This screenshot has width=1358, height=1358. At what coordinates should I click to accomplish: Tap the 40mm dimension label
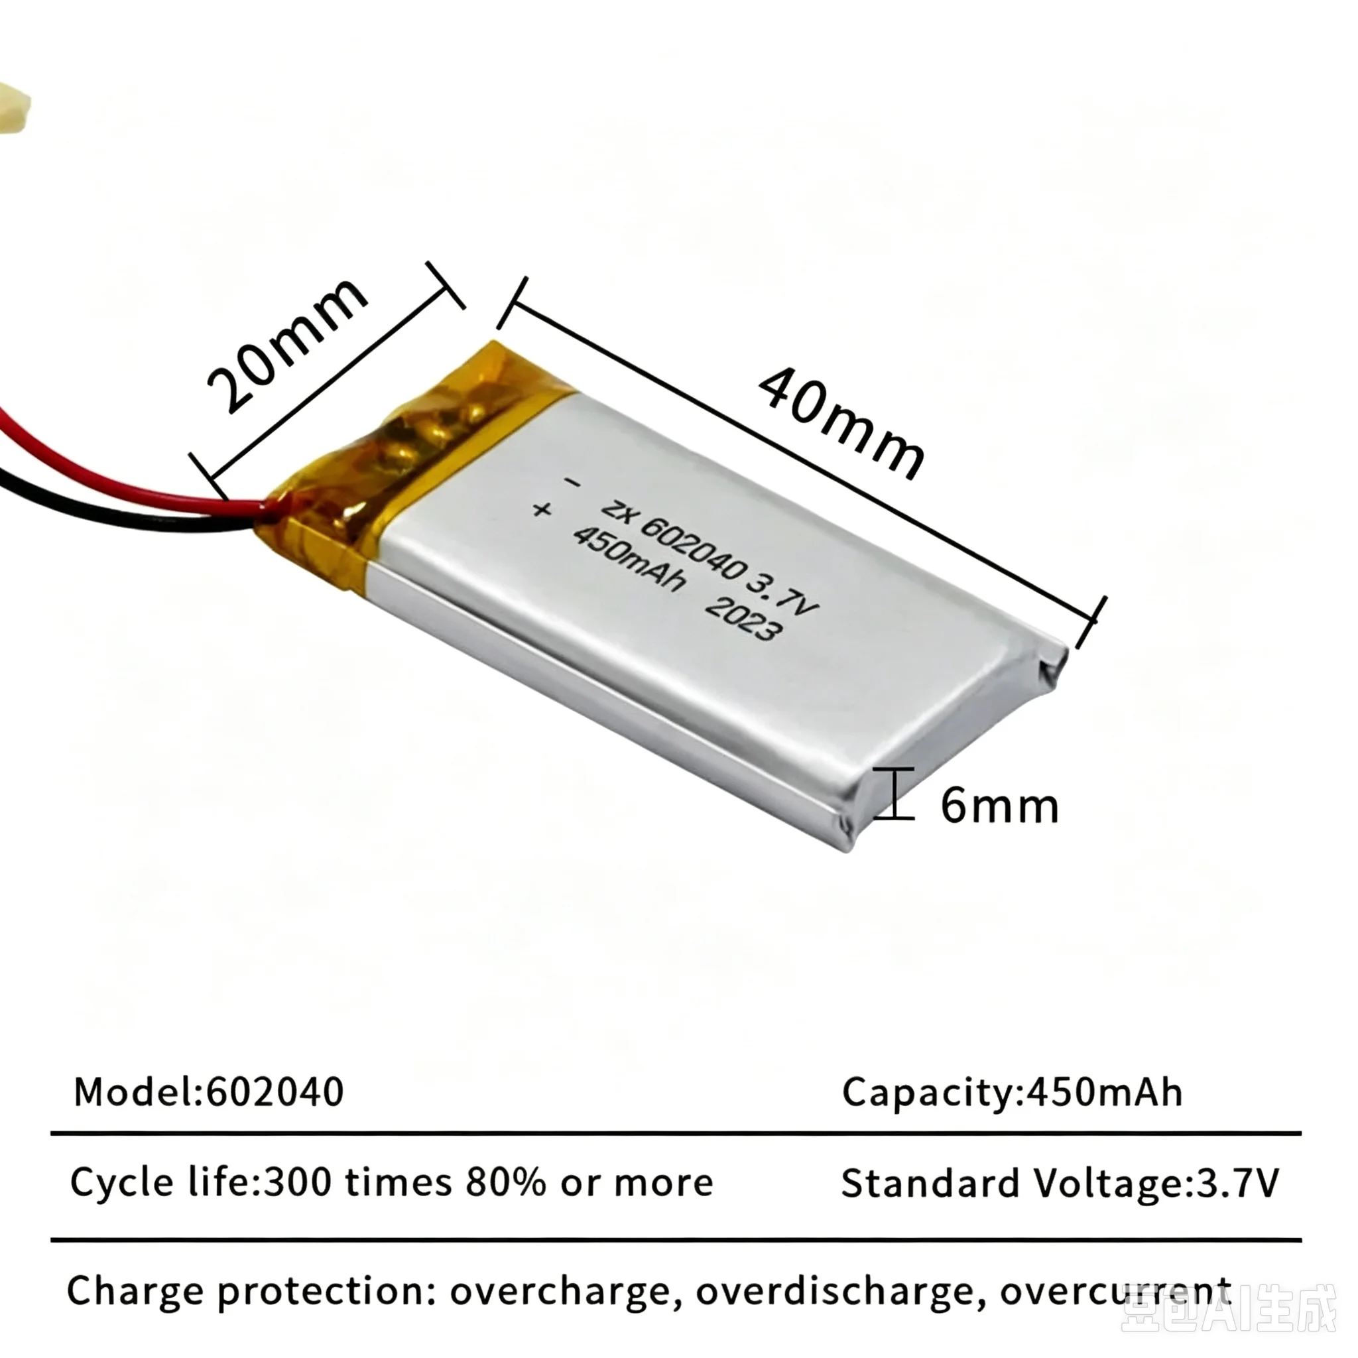842,424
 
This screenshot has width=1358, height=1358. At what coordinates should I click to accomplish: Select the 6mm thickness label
999,806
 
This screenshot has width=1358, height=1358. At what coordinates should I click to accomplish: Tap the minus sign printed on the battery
573,483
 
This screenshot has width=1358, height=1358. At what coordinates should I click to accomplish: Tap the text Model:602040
209,1091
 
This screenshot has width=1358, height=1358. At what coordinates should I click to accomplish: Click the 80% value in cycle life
505,1182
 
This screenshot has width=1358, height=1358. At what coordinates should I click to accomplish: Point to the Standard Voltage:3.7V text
1060,1183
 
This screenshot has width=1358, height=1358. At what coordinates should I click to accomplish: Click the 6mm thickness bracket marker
894,794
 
